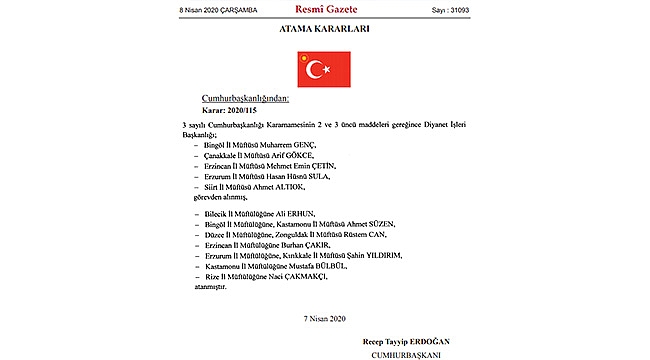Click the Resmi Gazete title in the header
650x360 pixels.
[325, 8]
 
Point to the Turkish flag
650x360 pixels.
[325, 69]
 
